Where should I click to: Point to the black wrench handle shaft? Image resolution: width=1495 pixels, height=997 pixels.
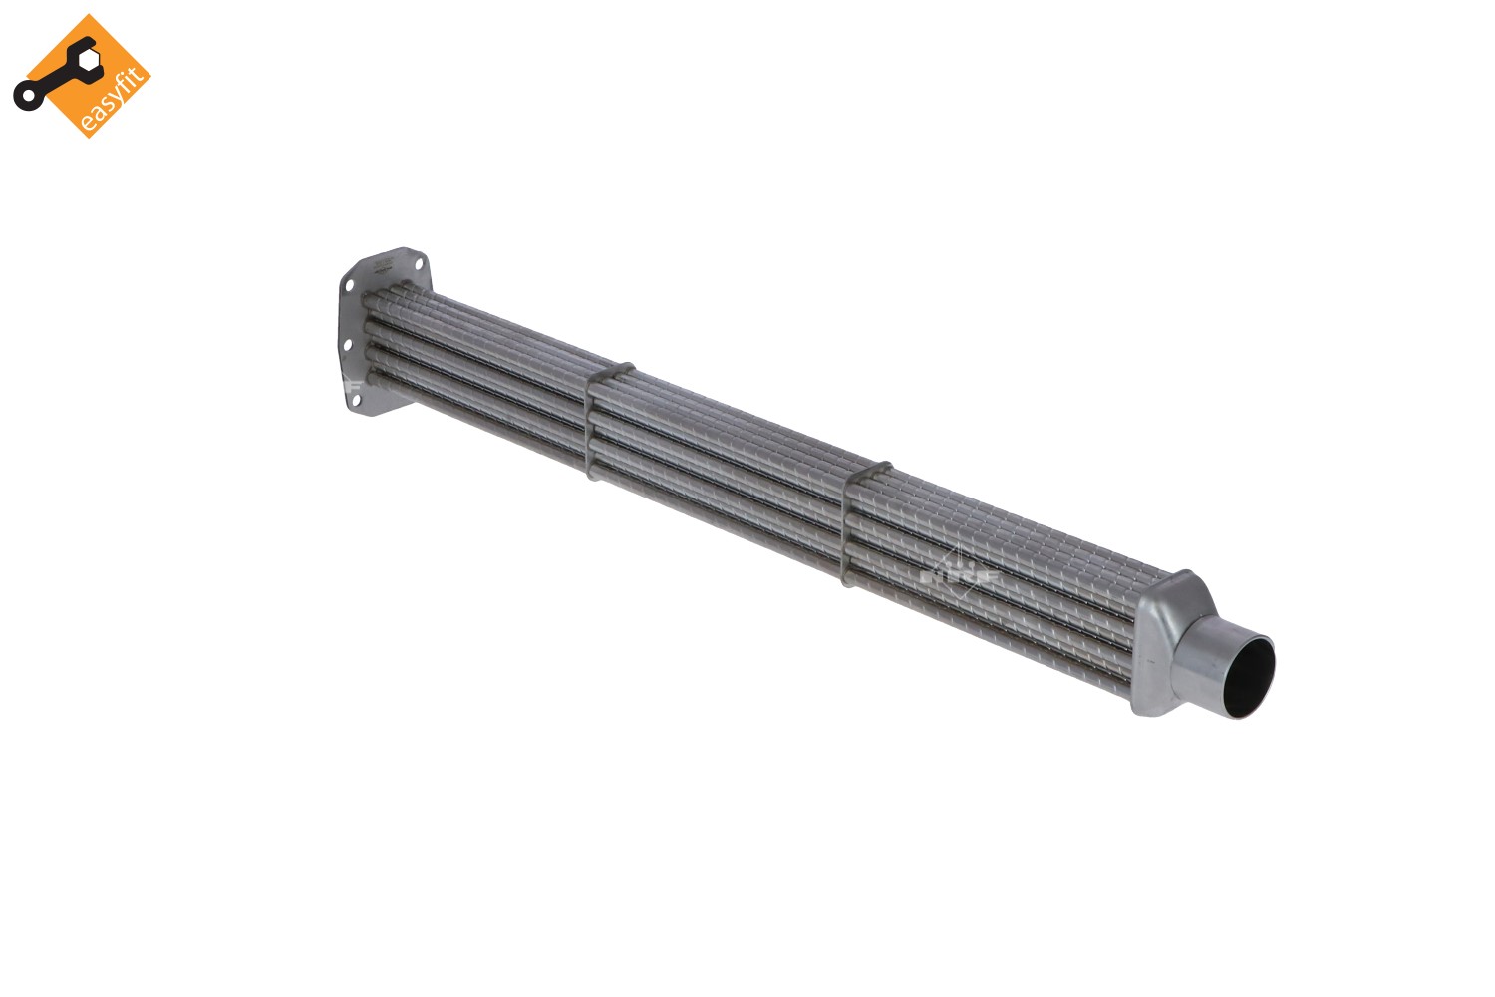coord(55,80)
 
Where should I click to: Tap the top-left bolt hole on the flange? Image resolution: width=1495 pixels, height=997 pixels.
coord(349,286)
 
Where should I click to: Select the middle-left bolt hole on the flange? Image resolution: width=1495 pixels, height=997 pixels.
coord(347,345)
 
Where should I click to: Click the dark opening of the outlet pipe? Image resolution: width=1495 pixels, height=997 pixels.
coord(1247,677)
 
